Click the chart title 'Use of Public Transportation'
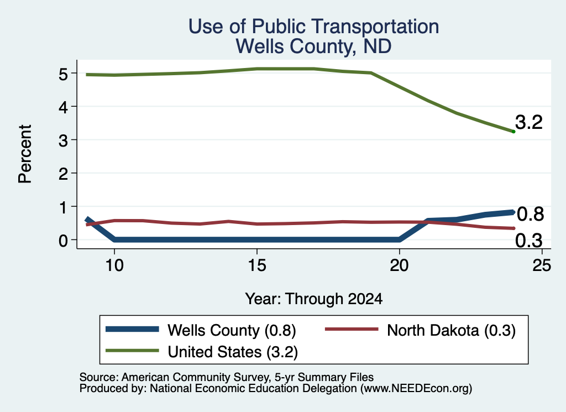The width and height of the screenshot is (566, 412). tap(314, 27)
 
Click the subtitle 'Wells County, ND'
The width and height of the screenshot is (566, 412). tap(314, 46)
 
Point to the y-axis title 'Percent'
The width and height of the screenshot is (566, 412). tap(25, 154)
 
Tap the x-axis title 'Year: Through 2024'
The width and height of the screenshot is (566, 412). tap(314, 299)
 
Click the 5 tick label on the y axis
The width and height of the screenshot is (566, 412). tap(63, 74)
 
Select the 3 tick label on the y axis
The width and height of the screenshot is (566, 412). tap(63, 140)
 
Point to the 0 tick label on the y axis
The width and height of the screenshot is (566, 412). tap(63, 241)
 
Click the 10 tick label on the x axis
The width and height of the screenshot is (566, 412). tap(114, 266)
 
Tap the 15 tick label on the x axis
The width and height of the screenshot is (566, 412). tap(257, 266)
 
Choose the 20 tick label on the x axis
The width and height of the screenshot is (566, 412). tap(399, 266)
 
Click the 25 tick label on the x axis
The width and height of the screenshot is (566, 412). tap(542, 266)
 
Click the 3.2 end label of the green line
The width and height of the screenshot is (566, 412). tap(529, 122)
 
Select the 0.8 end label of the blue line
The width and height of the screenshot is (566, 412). tap(530, 214)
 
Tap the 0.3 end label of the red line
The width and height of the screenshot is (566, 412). tap(529, 241)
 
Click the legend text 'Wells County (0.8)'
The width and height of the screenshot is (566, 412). tap(232, 330)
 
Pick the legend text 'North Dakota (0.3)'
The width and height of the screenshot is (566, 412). tap(451, 330)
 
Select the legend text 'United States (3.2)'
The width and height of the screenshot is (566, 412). tap(233, 352)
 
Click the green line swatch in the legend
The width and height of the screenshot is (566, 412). tap(132, 351)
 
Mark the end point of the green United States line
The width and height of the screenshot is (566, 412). tap(513, 132)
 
